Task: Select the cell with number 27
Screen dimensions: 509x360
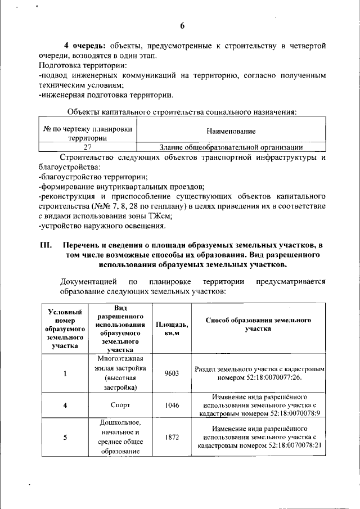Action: pos(87,147)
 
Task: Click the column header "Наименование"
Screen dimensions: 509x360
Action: pos(231,131)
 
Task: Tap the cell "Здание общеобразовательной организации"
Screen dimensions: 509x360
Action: pos(231,147)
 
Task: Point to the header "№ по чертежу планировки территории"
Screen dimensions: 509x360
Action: pos(87,133)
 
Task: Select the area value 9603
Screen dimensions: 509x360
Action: pos(172,372)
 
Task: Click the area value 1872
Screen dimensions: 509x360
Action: pos(172,437)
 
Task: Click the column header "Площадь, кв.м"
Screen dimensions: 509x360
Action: pos(172,328)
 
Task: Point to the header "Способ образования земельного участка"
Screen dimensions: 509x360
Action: pos(258,324)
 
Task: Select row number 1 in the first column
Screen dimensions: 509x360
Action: pos(65,373)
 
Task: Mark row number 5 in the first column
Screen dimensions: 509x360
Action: pos(65,437)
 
